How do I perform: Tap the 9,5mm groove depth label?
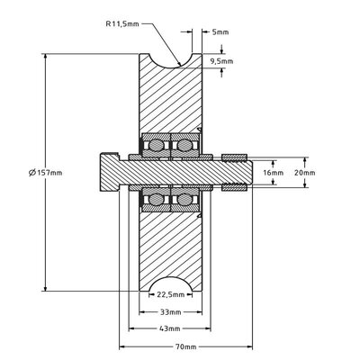pos(220,61)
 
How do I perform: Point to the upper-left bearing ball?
pos(155,144)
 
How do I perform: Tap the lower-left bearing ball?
pos(155,199)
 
